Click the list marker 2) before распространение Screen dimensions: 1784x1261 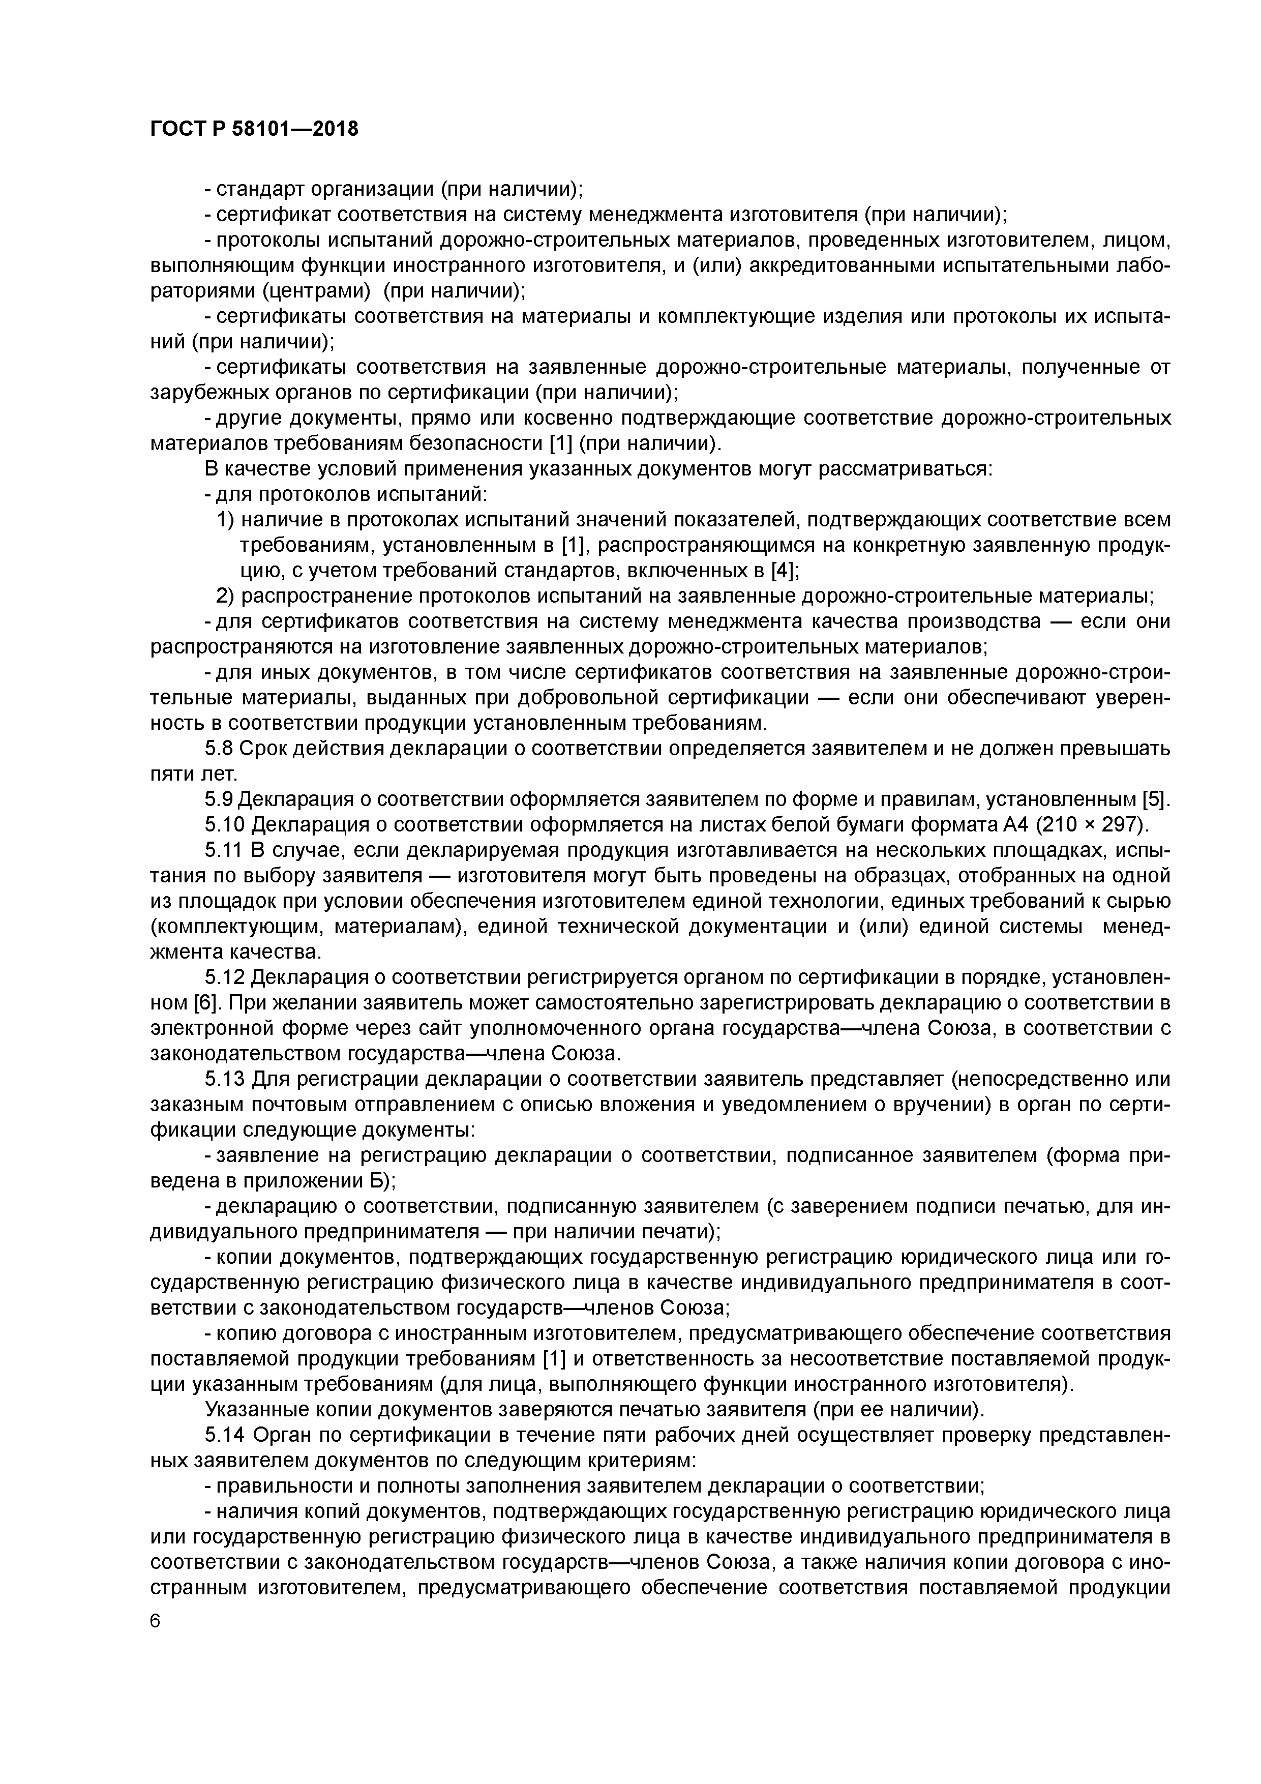[x=225, y=597]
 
